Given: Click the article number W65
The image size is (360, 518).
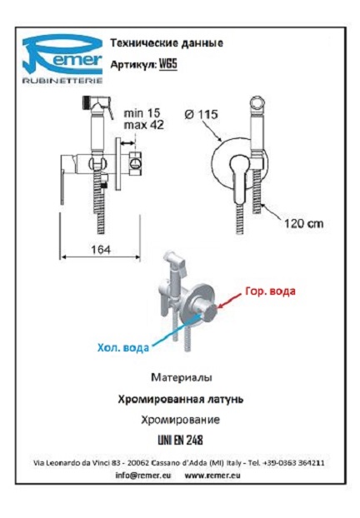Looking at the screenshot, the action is tap(168, 64).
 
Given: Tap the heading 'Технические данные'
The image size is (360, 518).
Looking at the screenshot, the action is tap(167, 43).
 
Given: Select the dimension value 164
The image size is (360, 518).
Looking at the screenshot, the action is tap(101, 250).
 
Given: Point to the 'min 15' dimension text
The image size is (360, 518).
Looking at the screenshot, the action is tap(142, 113).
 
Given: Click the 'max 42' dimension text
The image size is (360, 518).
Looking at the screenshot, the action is tap(144, 125).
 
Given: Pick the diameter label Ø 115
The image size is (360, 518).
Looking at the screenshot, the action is tap(202, 115).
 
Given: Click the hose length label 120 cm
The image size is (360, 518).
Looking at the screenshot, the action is tap(304, 224).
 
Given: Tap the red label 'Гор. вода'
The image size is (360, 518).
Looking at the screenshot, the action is tap(270, 291).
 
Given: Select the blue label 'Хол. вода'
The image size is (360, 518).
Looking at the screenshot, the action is tap(123, 347).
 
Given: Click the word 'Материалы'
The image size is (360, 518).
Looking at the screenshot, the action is tap(182, 377).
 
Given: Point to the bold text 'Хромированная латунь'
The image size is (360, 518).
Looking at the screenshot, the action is tap(181, 399).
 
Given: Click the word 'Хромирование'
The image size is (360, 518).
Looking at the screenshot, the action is tap(181, 420).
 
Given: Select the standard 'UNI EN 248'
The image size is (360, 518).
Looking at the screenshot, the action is tap(181, 440).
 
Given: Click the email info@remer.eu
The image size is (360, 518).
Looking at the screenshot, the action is tap(143, 476).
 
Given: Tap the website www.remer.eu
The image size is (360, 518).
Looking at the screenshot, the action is tap(212, 476).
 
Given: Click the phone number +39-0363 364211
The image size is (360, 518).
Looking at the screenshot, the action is tap(293, 463).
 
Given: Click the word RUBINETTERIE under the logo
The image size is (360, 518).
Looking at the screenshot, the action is tap(62, 80).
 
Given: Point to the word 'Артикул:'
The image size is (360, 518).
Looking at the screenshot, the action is tap(133, 64).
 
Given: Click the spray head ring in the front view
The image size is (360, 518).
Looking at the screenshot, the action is tap(257, 103).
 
